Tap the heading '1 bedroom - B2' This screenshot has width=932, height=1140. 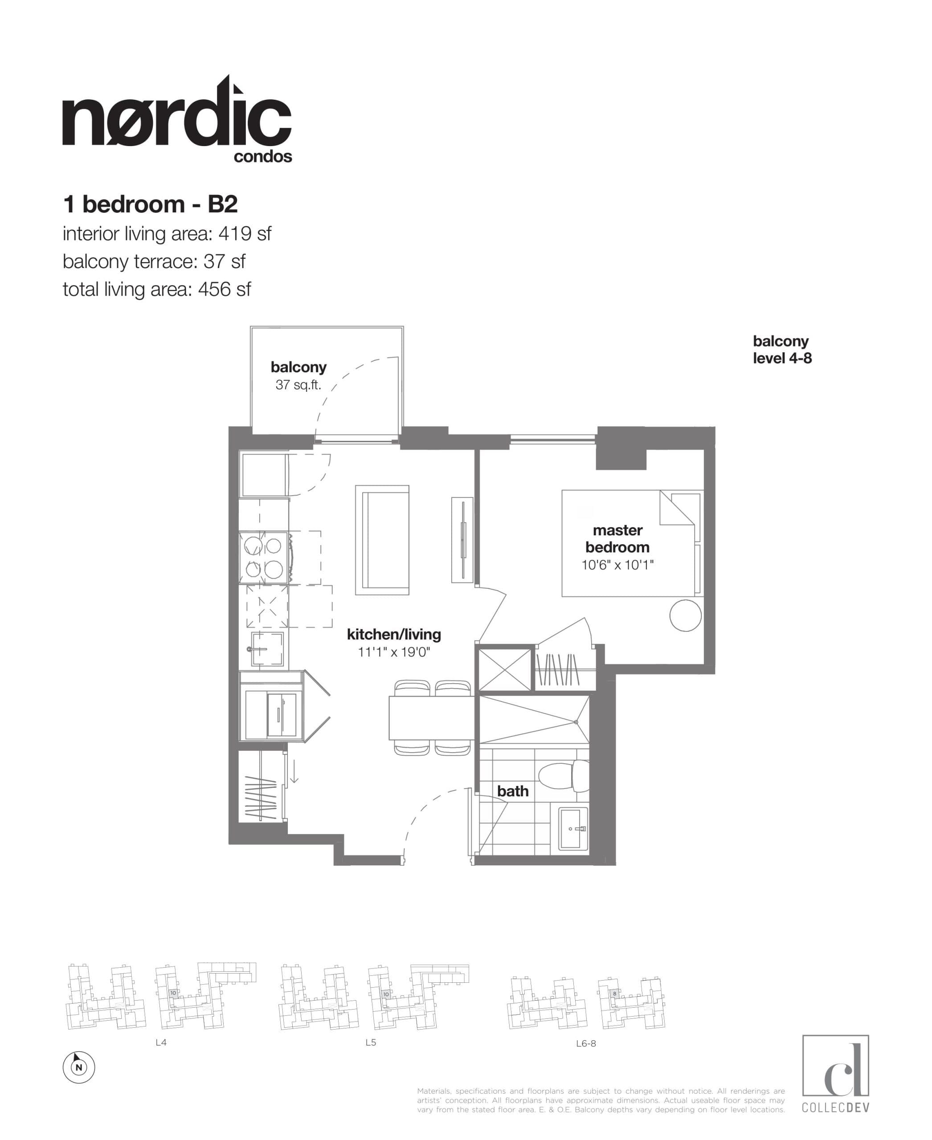point(150,204)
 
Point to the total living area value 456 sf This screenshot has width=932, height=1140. point(225,290)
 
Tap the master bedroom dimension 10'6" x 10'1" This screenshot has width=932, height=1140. point(617,565)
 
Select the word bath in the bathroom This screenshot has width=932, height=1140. point(513,791)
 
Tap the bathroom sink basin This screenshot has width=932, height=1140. point(573,829)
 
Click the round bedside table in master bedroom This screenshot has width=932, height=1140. point(685,615)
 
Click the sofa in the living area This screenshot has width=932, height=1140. point(382,540)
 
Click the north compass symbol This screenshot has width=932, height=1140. point(79,1067)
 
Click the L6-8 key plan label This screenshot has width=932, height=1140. point(586,1043)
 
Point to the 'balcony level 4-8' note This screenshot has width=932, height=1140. point(782,350)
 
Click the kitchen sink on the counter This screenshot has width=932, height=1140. point(267,648)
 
